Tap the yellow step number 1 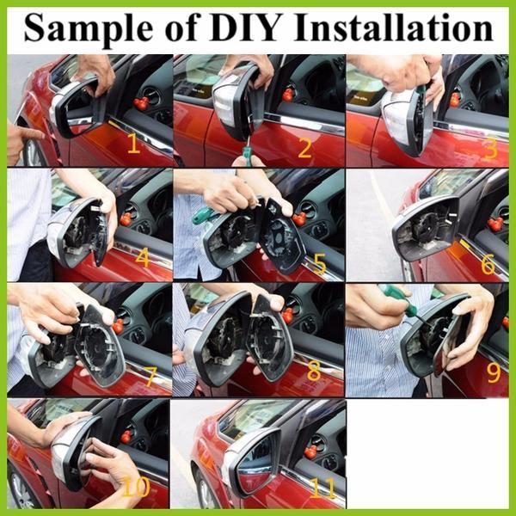point(133,144)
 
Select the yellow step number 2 point(304,148)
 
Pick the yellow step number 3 point(490,148)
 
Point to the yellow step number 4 point(142,258)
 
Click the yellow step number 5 point(320,263)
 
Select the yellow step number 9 point(493,372)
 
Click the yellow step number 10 point(136,488)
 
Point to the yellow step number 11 point(322,488)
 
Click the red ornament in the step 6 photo point(495,224)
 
